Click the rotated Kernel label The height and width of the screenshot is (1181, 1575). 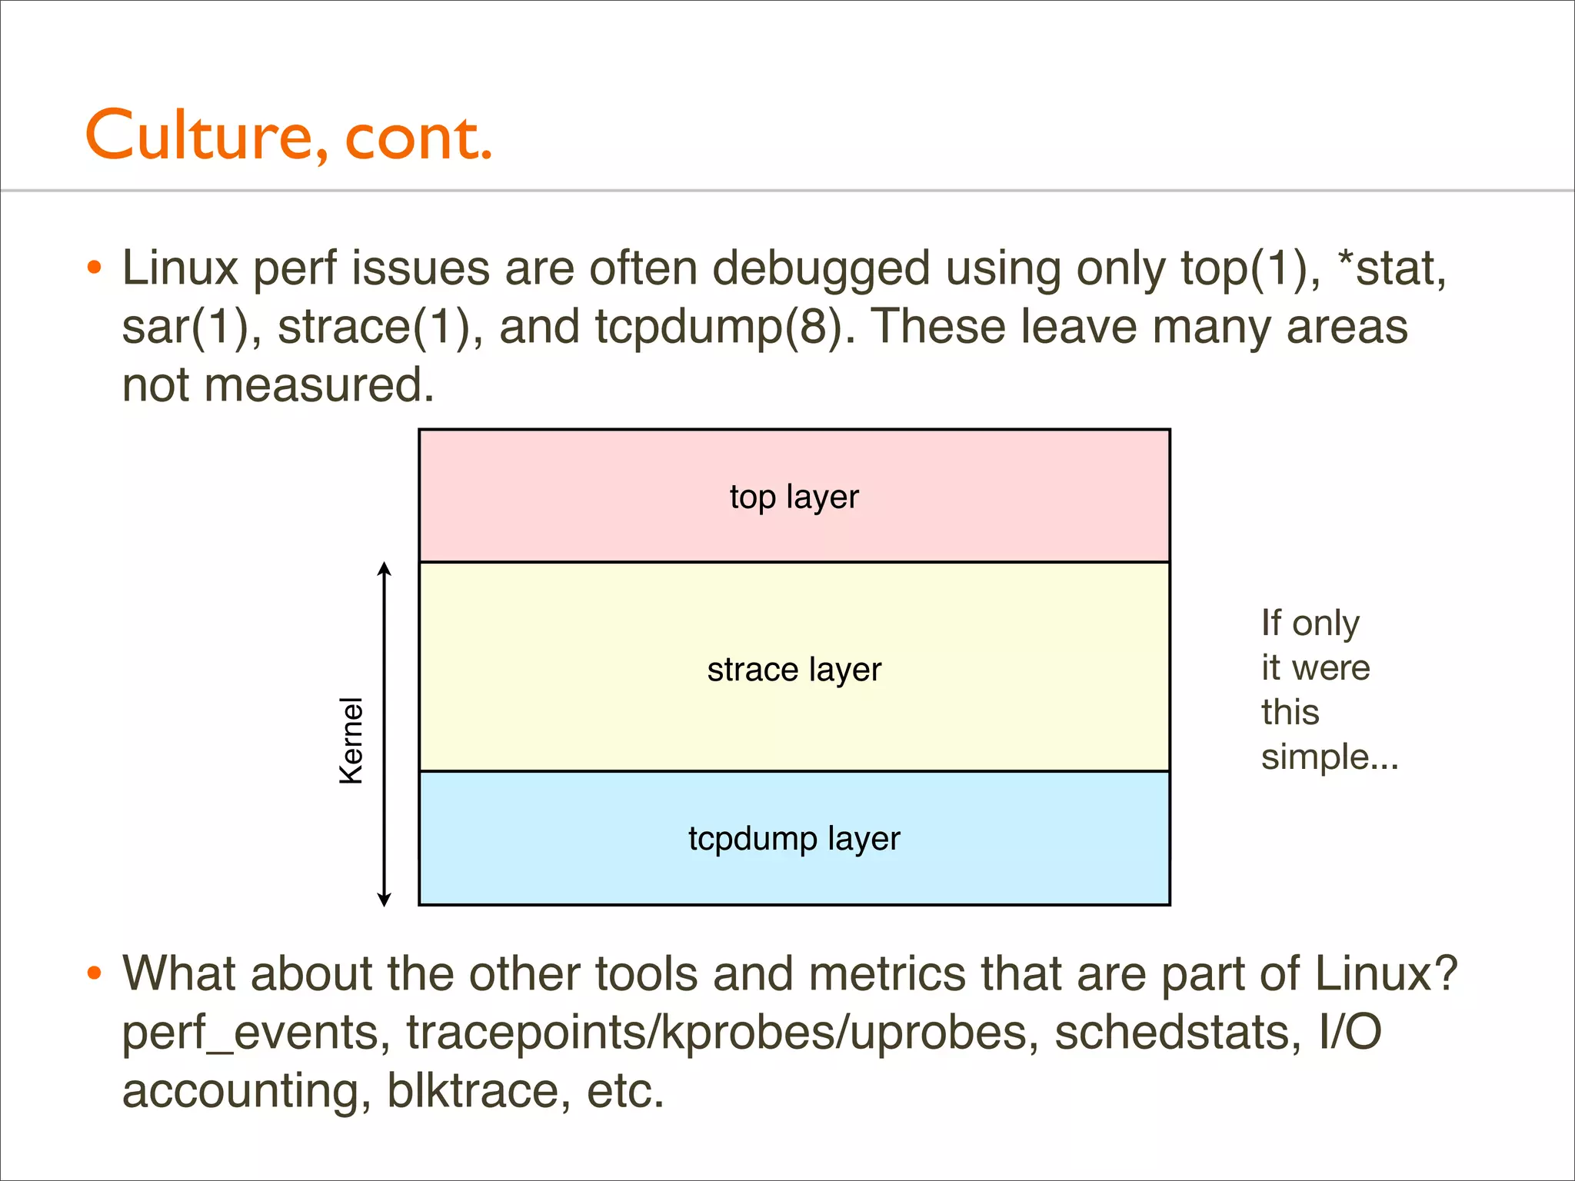[x=351, y=740]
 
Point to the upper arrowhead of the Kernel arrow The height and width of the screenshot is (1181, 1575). [x=385, y=569]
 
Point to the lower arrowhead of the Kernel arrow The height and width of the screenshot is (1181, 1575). [x=385, y=900]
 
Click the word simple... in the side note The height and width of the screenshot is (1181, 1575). [x=1329, y=757]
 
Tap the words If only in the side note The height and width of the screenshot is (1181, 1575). [x=1310, y=623]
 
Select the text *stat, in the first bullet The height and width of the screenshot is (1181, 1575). [x=1392, y=269]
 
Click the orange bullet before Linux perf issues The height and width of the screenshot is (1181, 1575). [x=94, y=268]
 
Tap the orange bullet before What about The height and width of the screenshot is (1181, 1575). [x=94, y=973]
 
